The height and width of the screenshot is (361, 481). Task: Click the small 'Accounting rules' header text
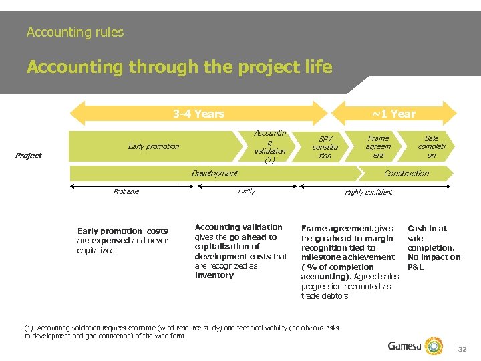coord(75,32)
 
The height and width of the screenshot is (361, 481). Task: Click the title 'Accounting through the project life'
coord(179,67)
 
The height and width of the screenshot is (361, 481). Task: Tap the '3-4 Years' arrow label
coord(198,114)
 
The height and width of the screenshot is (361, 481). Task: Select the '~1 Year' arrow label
coord(393,114)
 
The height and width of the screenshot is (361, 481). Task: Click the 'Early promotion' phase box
coord(154,146)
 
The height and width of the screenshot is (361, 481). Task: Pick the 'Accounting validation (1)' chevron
coord(270,146)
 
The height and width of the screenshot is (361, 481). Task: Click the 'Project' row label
coord(29,156)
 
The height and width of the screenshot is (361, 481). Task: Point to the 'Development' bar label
coord(214,174)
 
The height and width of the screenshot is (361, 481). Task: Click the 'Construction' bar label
coord(406,174)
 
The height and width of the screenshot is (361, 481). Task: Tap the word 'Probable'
coord(126,192)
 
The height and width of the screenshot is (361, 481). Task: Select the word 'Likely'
coord(247,191)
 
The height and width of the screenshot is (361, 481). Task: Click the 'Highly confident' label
coord(369,193)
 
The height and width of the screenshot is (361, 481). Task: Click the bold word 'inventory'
coord(214,275)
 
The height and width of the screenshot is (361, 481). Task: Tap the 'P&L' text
coord(416,267)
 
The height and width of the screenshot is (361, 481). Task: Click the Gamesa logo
coord(415,346)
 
